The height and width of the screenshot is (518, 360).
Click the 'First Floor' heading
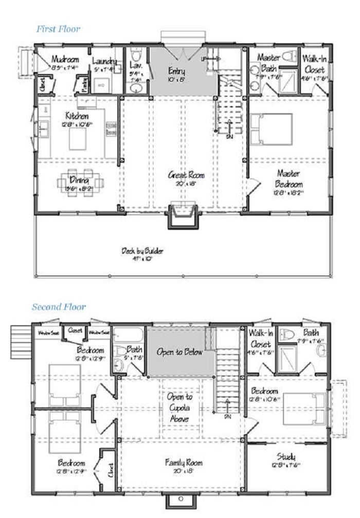pos(58,29)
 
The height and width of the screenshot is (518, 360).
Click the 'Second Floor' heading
pos(58,307)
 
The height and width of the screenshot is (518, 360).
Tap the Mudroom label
pos(64,58)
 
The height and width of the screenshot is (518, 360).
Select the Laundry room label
pos(105,62)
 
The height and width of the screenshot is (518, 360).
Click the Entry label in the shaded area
pos(176,70)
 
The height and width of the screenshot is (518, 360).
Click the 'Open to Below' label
pos(180,353)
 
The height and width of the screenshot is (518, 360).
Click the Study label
pos(292,457)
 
